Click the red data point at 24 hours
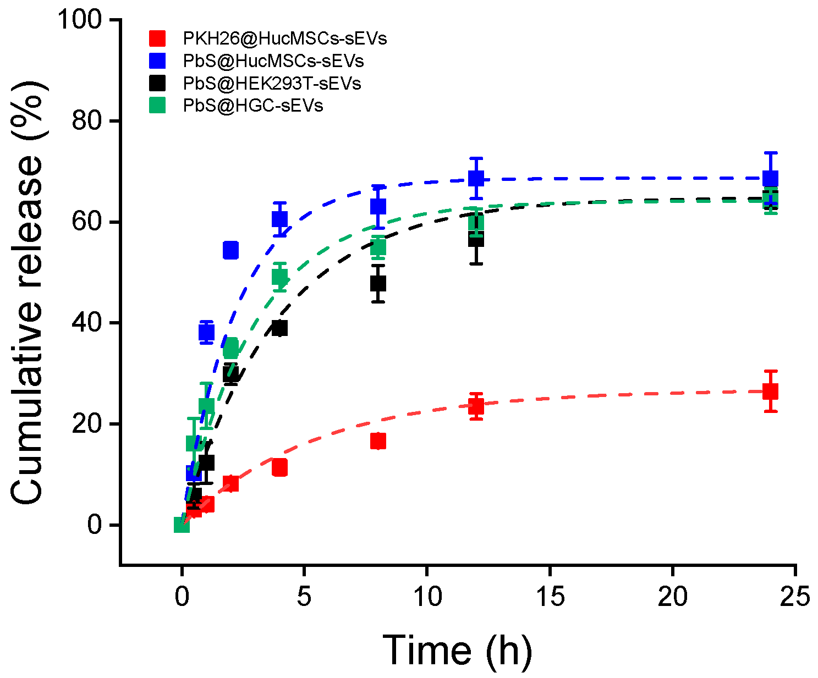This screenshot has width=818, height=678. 771,392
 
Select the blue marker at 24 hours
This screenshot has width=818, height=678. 771,178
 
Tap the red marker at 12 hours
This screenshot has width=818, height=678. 476,406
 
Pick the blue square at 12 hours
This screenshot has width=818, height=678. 476,178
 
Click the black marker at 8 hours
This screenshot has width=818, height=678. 378,284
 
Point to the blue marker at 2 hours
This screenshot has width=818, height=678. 230,250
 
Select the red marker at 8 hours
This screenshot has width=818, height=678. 378,441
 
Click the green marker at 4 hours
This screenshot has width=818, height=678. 279,277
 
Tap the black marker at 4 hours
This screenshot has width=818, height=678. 279,328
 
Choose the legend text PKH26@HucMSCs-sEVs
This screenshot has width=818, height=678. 285,38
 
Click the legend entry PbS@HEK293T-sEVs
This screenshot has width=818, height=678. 272,83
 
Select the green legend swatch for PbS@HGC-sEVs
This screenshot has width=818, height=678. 157,105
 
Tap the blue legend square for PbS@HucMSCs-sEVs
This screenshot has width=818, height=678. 157,60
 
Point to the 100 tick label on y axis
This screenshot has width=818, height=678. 79,20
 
